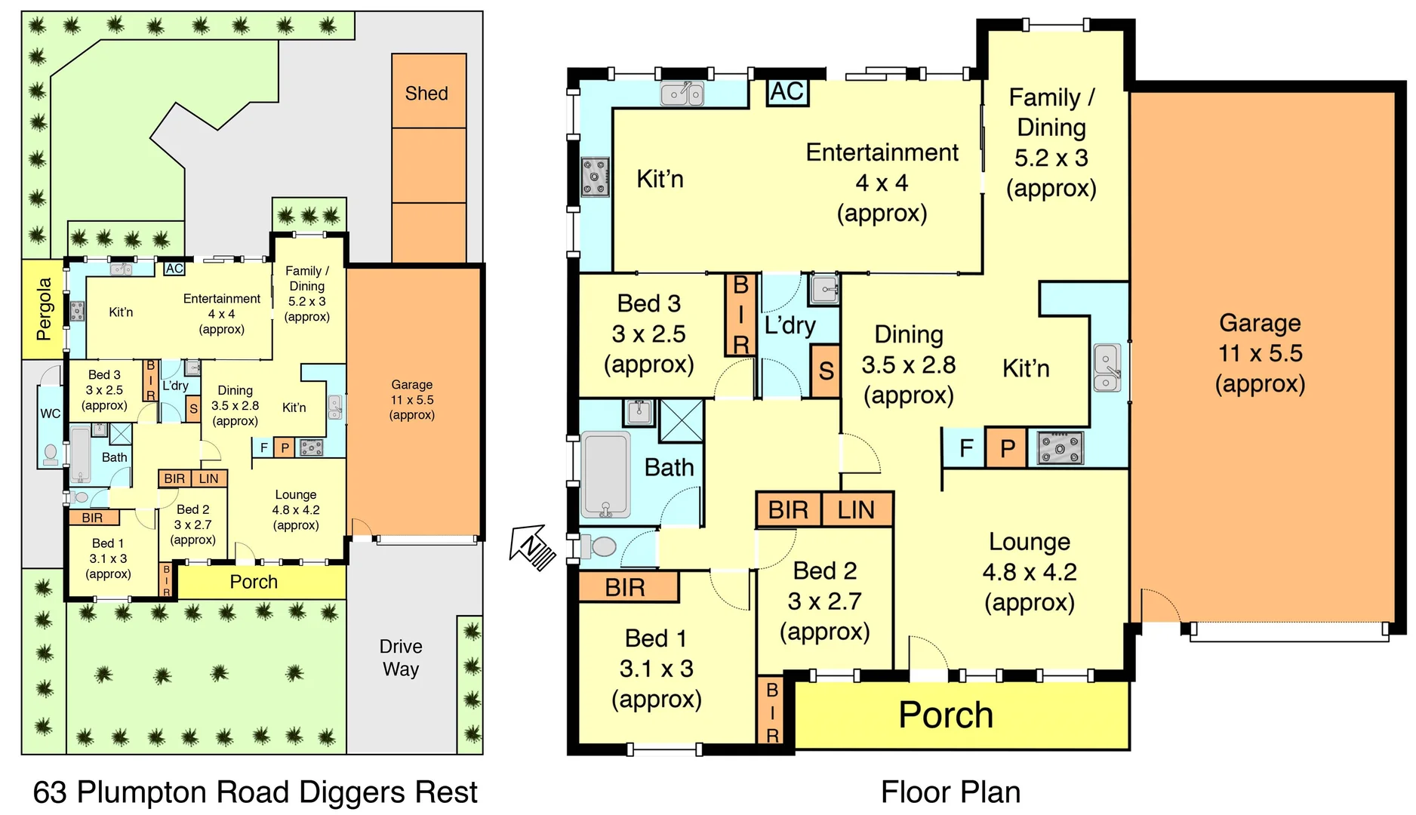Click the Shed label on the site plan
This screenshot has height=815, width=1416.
(426, 94)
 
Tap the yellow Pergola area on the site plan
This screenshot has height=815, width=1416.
(44, 309)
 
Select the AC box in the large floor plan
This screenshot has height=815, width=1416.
(786, 92)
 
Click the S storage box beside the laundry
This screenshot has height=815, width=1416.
(826, 371)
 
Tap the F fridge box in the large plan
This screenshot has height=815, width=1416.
(965, 448)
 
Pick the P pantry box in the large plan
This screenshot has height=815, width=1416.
(1007, 448)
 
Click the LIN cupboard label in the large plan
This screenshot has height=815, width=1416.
(855, 510)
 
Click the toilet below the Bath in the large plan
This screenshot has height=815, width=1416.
(602, 546)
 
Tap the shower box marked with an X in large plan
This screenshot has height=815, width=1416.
(681, 420)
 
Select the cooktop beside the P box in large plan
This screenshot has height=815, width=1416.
(1060, 448)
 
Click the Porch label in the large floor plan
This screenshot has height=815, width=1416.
(945, 715)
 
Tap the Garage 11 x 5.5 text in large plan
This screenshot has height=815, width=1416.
(1260, 352)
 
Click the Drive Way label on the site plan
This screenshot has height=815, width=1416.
(401, 657)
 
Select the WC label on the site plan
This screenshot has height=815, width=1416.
(50, 413)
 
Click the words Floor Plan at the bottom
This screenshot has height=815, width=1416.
(950, 792)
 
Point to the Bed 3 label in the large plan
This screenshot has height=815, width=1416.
(648, 303)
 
